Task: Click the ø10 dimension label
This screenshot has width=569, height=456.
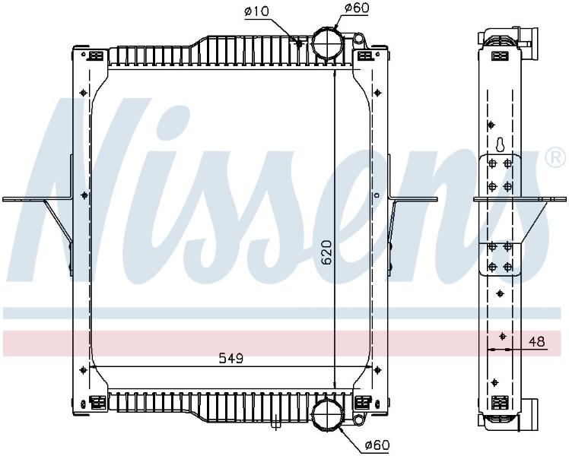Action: pyautogui.click(x=256, y=11)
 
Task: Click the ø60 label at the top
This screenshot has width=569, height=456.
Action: pyautogui.click(x=357, y=8)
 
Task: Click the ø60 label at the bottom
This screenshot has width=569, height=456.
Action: pyautogui.click(x=377, y=445)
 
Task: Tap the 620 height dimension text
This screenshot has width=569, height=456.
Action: pyautogui.click(x=326, y=252)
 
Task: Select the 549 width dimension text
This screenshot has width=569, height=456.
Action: pyautogui.click(x=230, y=359)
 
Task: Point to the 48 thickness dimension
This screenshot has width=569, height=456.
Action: pyautogui.click(x=537, y=341)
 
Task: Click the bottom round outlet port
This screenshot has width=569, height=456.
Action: pyautogui.click(x=327, y=413)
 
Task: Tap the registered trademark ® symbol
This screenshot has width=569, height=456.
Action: pyautogui.click(x=555, y=158)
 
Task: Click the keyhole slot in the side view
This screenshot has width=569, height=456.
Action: pyautogui.click(x=501, y=144)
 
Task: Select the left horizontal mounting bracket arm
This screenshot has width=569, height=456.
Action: pyautogui.click(x=37, y=199)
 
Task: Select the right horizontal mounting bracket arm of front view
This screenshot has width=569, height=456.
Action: pyautogui.click(x=413, y=199)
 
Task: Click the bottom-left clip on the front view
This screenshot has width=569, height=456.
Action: pyautogui.click(x=97, y=402)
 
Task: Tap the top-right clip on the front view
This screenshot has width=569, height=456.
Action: pyautogui.click(x=364, y=55)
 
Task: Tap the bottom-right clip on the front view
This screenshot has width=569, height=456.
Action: pyautogui.click(x=363, y=402)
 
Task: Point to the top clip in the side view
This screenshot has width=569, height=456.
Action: pyautogui.click(x=501, y=55)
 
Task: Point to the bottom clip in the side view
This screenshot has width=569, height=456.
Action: pyautogui.click(x=501, y=402)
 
